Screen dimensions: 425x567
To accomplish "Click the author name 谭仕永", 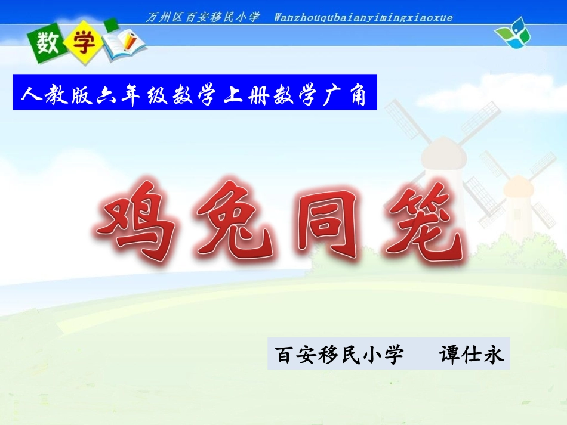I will click(x=472, y=354).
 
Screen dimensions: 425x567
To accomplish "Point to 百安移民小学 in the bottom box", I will click(x=339, y=354).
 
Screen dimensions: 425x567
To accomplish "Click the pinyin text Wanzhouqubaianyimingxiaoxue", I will click(x=363, y=17).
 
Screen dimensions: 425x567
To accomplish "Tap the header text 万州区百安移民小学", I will click(x=203, y=17).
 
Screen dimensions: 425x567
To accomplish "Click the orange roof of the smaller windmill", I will click(x=517, y=187).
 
